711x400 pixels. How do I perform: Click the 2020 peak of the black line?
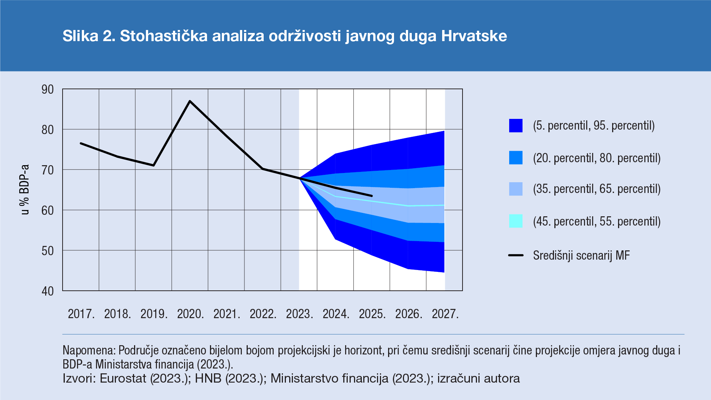click(190, 101)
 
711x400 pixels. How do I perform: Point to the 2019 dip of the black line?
click(153, 165)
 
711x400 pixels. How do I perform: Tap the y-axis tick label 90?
click(48, 90)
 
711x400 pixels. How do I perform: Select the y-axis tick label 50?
click(48, 251)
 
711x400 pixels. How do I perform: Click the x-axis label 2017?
click(81, 314)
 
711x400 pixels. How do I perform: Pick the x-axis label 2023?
click(299, 314)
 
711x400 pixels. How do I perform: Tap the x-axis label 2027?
click(445, 314)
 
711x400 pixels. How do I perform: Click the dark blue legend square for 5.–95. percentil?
click(516, 126)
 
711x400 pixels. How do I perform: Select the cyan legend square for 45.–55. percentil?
click(516, 221)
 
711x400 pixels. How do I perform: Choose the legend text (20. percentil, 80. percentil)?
click(597, 158)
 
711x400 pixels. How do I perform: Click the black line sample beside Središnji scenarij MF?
click(516, 255)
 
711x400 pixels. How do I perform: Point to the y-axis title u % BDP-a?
click(25, 190)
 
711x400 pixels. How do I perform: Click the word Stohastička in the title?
click(164, 36)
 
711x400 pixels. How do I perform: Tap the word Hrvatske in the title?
click(474, 36)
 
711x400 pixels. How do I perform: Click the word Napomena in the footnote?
click(89, 350)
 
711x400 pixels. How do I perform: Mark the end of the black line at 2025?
click(371, 196)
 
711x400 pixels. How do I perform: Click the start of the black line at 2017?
click(81, 143)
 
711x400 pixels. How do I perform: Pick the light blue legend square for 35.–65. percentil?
click(516, 189)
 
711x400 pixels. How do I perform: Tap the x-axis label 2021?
click(227, 314)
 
